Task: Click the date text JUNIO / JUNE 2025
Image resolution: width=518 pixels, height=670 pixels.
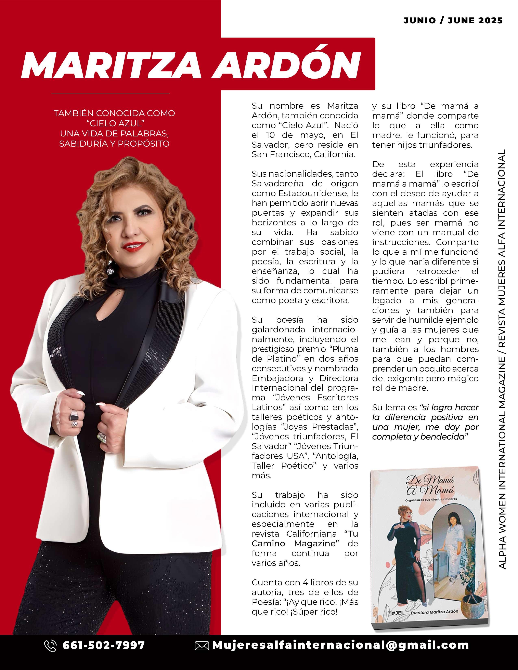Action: [453, 21]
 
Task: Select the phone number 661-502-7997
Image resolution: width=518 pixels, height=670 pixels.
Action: [104, 645]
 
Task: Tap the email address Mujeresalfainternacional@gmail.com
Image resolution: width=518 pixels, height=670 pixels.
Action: [340, 645]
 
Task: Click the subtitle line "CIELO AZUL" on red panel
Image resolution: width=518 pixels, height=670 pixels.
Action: [114, 123]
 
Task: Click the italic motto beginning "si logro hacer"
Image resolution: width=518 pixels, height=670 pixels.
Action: [425, 422]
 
